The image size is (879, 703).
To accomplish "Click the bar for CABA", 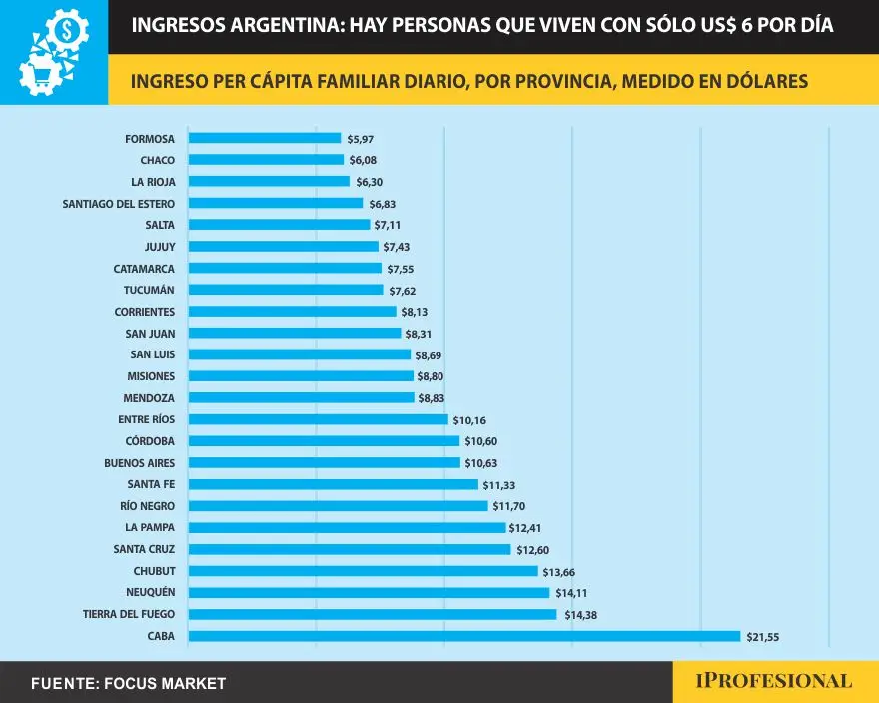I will (464, 636).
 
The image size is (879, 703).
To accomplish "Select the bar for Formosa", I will (265, 138).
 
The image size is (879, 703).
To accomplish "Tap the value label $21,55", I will (763, 636).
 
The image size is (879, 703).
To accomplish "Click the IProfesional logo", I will (774, 681).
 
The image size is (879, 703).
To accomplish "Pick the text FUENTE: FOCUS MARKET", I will (129, 684).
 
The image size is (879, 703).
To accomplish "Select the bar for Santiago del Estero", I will (276, 203).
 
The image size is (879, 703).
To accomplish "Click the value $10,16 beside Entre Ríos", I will (469, 420).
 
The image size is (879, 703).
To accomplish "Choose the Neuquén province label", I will (149, 592).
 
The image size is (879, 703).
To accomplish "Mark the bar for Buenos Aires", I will (325, 463).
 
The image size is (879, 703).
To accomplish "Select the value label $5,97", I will (360, 138).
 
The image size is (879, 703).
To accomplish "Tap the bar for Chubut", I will (364, 571).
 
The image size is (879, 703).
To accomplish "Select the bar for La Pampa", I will (348, 527).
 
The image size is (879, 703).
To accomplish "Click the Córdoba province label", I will (149, 441).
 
